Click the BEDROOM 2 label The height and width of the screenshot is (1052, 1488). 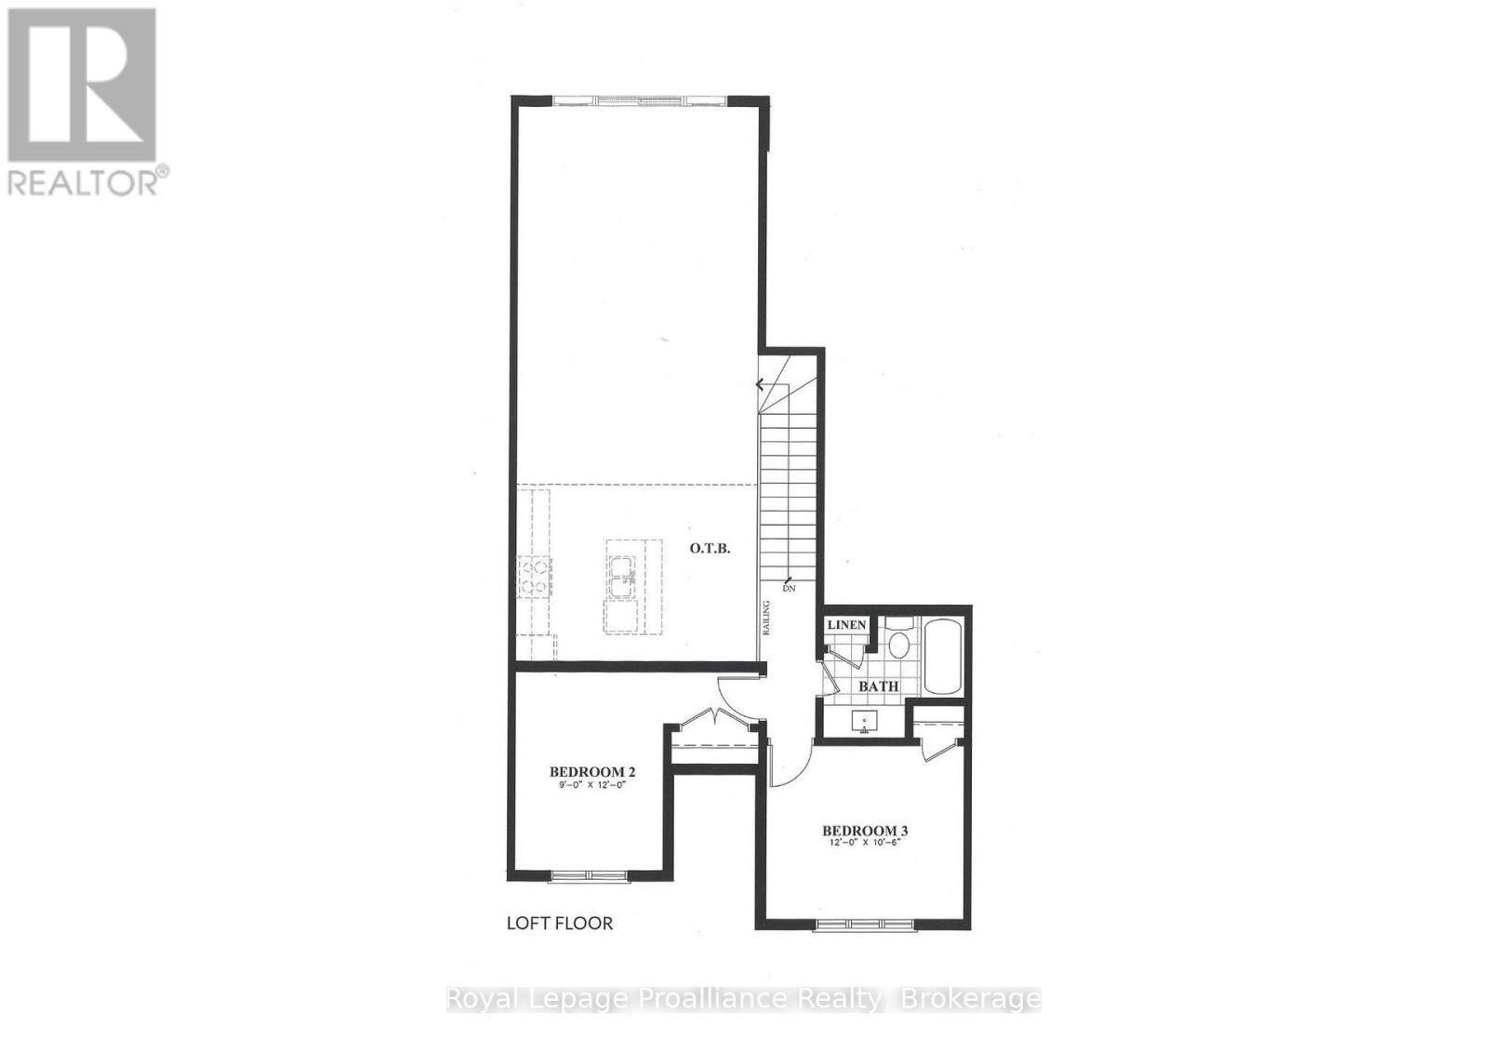[591, 772]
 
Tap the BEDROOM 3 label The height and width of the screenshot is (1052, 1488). [865, 831]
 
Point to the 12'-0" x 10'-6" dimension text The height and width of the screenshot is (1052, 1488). [864, 842]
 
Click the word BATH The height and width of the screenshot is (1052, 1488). [878, 686]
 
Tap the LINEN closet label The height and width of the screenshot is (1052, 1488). [846, 625]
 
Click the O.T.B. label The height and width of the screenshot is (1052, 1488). [710, 549]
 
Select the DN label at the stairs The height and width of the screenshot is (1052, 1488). [789, 588]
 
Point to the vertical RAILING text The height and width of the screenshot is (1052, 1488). [766, 618]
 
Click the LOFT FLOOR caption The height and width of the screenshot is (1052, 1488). [559, 923]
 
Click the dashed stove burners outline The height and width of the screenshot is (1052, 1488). [536, 578]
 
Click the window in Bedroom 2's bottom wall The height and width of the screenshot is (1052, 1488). [590, 876]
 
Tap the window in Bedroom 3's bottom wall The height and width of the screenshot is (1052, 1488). [864, 925]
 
